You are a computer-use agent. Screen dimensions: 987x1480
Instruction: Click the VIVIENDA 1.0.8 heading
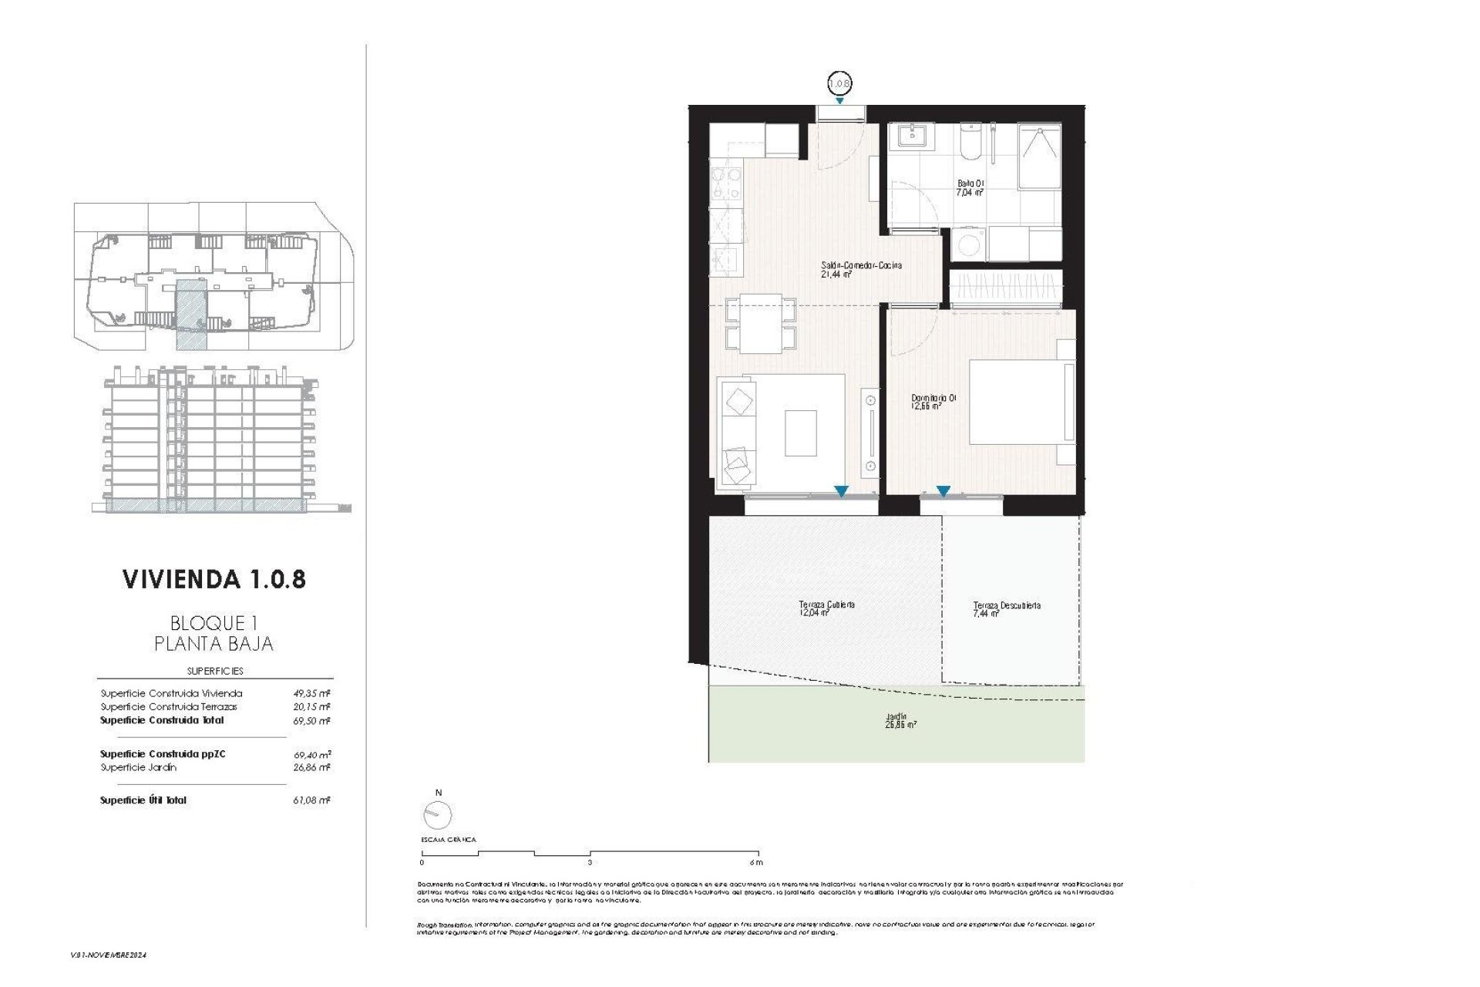tap(214, 580)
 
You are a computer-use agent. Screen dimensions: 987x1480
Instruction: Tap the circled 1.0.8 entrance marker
tap(839, 81)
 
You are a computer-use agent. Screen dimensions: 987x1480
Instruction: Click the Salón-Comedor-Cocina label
tap(861, 268)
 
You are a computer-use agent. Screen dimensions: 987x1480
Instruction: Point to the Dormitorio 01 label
tap(933, 401)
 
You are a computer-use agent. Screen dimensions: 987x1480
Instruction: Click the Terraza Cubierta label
tap(826, 608)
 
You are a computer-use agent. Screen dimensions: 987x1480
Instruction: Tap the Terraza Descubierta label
tap(1006, 609)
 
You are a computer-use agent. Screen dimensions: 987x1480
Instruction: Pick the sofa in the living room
tap(738, 432)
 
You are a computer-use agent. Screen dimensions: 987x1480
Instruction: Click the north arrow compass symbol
tap(438, 814)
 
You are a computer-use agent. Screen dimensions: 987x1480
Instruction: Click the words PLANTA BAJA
tap(214, 644)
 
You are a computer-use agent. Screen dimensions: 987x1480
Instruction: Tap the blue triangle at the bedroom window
tap(943, 490)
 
